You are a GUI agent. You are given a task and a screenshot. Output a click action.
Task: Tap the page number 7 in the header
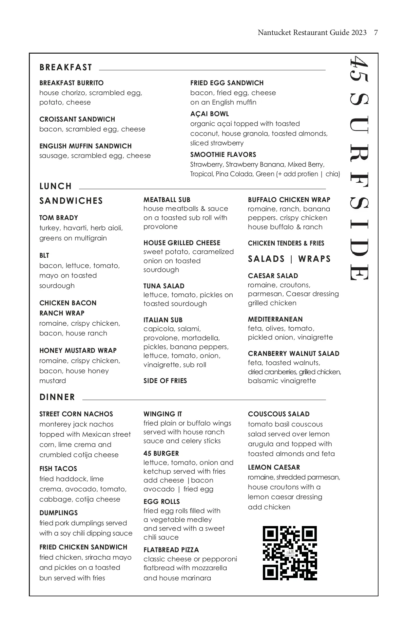click(376, 33)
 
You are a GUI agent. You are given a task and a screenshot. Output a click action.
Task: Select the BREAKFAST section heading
click(66, 67)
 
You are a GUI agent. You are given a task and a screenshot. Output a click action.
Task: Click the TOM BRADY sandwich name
click(59, 218)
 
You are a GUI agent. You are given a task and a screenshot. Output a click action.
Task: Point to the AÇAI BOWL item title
click(209, 114)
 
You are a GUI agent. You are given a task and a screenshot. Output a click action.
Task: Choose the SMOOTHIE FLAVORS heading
click(223, 155)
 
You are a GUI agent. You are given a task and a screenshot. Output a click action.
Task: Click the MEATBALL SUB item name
click(167, 200)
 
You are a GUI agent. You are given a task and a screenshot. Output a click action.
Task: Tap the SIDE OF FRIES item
click(165, 381)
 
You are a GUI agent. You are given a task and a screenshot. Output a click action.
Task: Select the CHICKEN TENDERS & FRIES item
click(286, 243)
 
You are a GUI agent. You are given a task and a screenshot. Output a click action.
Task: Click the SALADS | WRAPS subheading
click(289, 259)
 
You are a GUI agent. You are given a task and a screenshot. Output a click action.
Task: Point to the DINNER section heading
click(57, 397)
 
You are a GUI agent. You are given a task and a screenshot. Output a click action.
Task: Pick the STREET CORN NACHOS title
click(76, 414)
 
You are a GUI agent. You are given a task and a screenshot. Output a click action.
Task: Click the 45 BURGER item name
click(161, 453)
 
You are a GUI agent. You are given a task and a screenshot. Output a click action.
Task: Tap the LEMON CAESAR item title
click(274, 467)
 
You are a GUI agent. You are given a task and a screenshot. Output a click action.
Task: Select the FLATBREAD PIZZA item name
click(171, 550)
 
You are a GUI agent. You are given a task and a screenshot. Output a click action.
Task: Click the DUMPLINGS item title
click(58, 513)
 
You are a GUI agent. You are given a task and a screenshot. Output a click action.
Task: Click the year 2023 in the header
click(359, 33)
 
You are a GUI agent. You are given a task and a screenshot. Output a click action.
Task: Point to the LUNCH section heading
click(56, 186)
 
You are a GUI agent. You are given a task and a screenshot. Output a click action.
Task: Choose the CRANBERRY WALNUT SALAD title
click(293, 354)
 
